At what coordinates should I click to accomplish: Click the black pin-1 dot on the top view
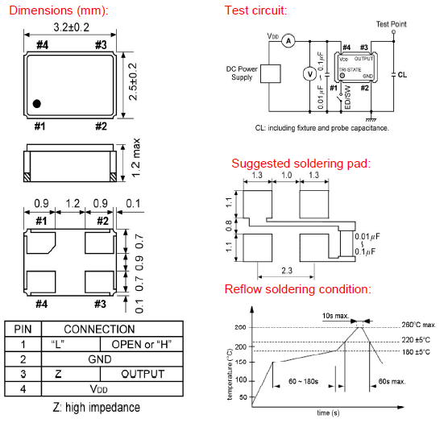tap(37, 103)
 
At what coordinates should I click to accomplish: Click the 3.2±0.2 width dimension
tap(72, 27)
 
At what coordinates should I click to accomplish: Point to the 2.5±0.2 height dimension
tap(133, 81)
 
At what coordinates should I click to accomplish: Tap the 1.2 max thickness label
tap(136, 158)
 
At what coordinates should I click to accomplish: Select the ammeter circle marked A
tap(288, 41)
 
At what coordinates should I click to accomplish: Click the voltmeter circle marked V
tap(309, 74)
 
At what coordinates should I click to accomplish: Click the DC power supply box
tap(270, 73)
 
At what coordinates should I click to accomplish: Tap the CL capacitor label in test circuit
tap(402, 75)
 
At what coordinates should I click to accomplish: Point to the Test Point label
tap(391, 24)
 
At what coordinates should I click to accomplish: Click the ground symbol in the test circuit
tap(371, 119)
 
